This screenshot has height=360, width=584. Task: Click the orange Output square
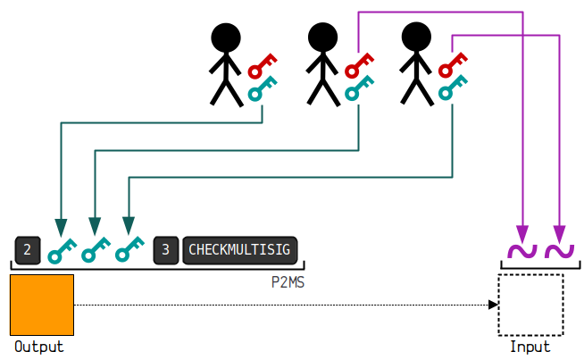click(42, 305)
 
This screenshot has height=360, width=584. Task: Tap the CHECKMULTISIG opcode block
click(240, 250)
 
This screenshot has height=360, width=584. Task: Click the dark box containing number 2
click(28, 250)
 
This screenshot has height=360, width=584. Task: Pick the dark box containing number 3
click(166, 250)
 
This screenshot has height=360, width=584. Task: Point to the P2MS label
click(288, 282)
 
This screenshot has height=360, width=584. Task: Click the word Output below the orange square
click(39, 347)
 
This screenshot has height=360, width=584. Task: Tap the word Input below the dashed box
click(530, 347)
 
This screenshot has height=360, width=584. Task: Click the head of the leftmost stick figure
click(226, 38)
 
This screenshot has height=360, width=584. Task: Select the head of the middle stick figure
click(322, 38)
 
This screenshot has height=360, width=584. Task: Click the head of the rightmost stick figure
click(416, 37)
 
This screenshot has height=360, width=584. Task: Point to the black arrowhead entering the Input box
click(493, 305)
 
